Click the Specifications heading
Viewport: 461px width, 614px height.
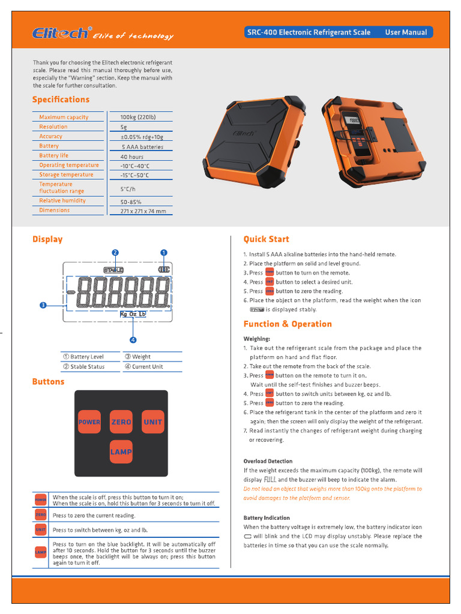61,100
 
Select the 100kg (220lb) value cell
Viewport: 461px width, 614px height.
138,117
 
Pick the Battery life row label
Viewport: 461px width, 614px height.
54,155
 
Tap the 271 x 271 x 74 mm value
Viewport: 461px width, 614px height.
143,211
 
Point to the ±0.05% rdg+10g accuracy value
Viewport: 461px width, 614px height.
142,137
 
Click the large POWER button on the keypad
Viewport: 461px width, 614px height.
89,422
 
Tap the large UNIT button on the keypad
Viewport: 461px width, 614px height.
152,422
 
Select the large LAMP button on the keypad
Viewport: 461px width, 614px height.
121,452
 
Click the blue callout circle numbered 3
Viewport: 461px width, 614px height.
43,305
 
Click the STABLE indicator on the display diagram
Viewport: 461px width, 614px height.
113,270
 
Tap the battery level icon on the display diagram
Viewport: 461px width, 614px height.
164,270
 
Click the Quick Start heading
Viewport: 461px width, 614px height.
266,239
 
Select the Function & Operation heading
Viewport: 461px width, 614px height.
288,324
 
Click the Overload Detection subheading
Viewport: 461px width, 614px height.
268,461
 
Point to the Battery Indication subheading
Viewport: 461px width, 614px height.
267,517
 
